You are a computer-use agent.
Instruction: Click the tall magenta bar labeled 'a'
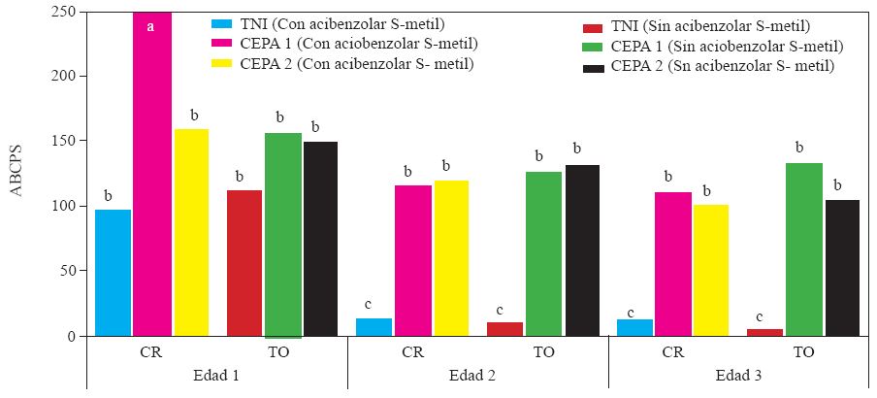(x=151, y=175)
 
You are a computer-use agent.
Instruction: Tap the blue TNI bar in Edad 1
(x=113, y=272)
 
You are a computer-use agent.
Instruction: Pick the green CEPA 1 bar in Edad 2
(x=543, y=253)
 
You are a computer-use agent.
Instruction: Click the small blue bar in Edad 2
(x=374, y=327)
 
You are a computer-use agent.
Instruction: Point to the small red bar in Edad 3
(x=764, y=332)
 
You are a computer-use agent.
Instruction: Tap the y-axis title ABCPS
(x=16, y=173)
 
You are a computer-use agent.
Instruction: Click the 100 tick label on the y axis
(x=63, y=206)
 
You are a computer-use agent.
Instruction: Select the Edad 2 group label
(x=476, y=376)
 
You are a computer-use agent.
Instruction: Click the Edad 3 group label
(x=737, y=376)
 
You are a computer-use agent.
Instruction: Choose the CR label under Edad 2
(x=412, y=352)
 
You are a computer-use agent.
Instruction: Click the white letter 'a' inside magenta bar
(x=150, y=26)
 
